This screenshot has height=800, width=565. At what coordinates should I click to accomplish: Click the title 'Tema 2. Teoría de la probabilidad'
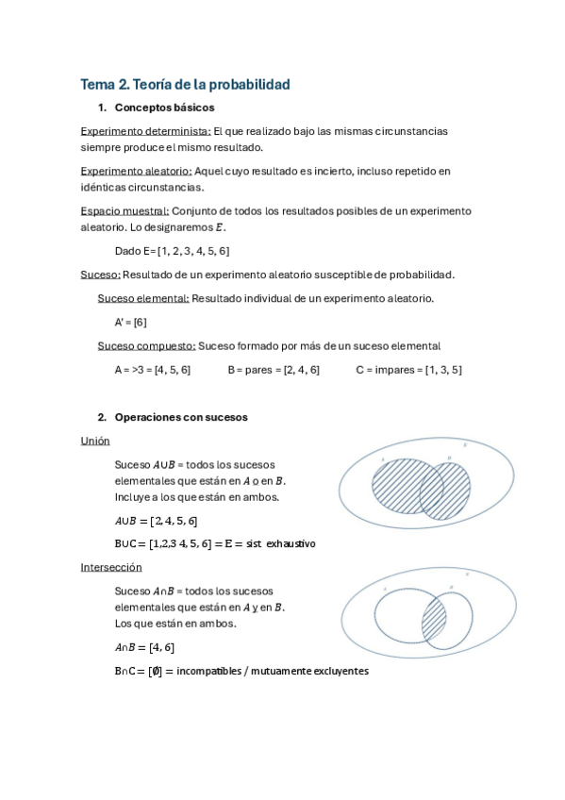point(185,84)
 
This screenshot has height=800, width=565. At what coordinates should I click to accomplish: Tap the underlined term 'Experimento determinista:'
point(146,131)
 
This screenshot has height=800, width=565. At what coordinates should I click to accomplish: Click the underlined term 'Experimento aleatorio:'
point(137,171)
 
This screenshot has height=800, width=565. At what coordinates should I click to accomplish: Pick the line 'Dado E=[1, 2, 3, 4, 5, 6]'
point(172,251)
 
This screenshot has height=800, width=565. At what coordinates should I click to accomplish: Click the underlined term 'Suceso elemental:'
point(143,298)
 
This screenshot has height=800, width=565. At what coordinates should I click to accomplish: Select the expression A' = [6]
point(130,322)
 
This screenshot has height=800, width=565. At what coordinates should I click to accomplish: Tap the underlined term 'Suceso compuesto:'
point(146,345)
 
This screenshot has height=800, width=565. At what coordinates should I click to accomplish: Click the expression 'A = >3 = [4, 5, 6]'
point(152,370)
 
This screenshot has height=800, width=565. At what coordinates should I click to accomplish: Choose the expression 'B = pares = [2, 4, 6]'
point(274,370)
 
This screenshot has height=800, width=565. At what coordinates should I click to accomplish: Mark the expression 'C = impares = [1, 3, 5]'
point(408,370)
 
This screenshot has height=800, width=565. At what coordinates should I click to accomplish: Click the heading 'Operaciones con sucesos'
point(181,417)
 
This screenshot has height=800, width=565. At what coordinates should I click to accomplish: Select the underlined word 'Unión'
point(95,441)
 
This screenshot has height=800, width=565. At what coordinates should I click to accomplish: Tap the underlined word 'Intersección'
point(111,567)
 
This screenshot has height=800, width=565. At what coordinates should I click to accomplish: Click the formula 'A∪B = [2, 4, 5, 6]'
point(156,520)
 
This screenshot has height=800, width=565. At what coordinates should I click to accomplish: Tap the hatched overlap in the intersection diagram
point(434,620)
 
